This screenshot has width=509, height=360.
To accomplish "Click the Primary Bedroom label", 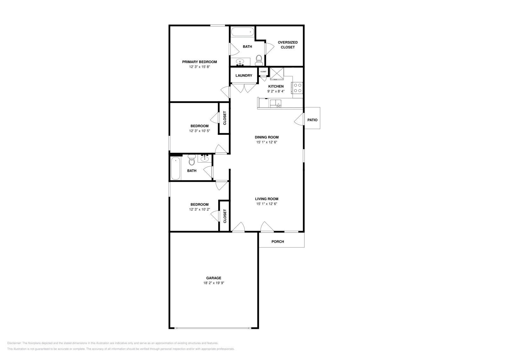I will pyautogui.click(x=199, y=62).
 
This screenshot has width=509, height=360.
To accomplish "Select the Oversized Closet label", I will pyautogui.click(x=288, y=45).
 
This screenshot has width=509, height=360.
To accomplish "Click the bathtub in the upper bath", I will pyautogui.click(x=242, y=32).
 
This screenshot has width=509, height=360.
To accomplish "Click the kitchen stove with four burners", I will pyautogui.click(x=298, y=88).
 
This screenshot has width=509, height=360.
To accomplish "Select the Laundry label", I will pyautogui.click(x=244, y=76).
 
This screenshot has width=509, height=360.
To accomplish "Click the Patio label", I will pyautogui.click(x=312, y=120).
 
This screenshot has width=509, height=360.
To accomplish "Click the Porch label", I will pyautogui.click(x=278, y=242).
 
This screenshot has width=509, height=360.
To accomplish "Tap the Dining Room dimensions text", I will pyautogui.click(x=267, y=142).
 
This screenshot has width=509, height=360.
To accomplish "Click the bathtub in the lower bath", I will pyautogui.click(x=176, y=169).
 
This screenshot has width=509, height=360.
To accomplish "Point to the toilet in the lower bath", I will pyautogui.click(x=192, y=160).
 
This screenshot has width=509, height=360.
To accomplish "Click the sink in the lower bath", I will pyautogui.click(x=205, y=158).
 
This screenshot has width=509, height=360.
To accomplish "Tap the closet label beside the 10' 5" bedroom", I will pyautogui.click(x=225, y=118).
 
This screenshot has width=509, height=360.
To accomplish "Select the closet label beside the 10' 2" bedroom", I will pyautogui.click(x=225, y=216).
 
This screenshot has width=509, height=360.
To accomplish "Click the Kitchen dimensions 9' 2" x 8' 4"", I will pyautogui.click(x=276, y=91).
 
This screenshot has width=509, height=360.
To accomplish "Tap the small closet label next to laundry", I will pyautogui.click(x=263, y=72).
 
